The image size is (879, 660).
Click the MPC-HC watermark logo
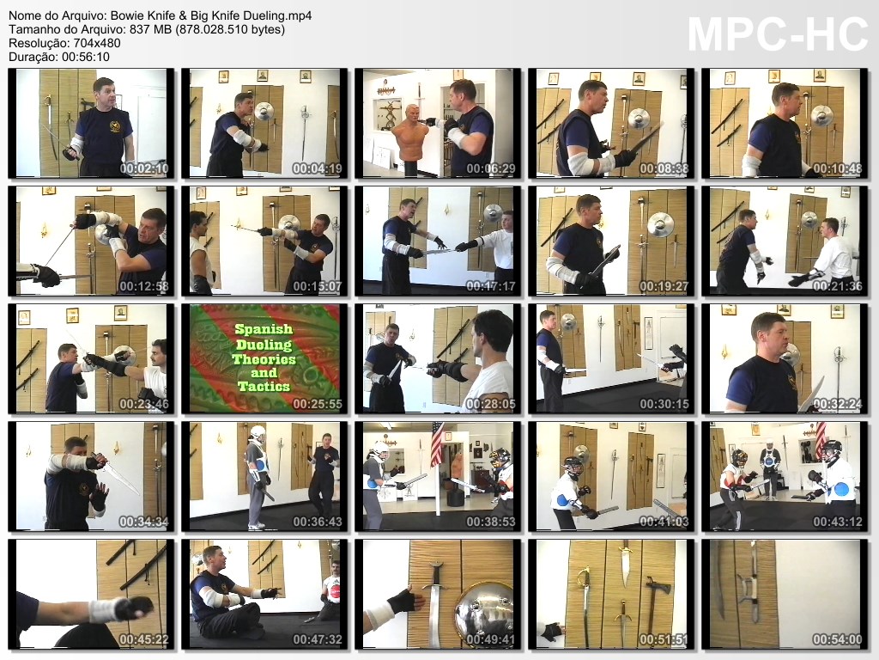pyautogui.click(x=778, y=34)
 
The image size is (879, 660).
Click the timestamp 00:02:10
pyautogui.click(x=144, y=168)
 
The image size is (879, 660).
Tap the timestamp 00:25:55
pyautogui.click(x=318, y=404)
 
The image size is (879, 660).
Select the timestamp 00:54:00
pyautogui.click(x=838, y=639)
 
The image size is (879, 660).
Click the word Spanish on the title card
pyautogui.click(x=264, y=329)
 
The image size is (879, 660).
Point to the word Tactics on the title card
pyautogui.click(x=264, y=387)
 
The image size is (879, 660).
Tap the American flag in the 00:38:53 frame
pyautogui.click(x=437, y=444)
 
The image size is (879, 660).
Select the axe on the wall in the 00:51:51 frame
pyautogui.click(x=652, y=606)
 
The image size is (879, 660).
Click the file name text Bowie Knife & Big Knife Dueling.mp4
pyautogui.click(x=211, y=15)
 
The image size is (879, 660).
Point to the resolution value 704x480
pyautogui.click(x=97, y=43)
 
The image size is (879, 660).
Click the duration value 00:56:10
pyautogui.click(x=86, y=57)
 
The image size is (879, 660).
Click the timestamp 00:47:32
pyautogui.click(x=318, y=639)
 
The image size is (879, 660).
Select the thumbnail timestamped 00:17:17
pyautogui.click(x=438, y=241)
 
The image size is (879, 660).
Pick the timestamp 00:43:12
pyautogui.click(x=838, y=522)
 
